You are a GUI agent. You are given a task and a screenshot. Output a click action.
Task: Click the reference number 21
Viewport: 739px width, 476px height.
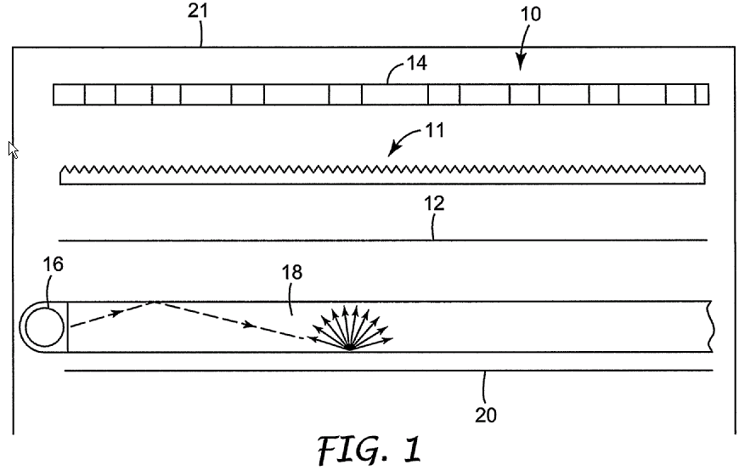pyautogui.click(x=200, y=11)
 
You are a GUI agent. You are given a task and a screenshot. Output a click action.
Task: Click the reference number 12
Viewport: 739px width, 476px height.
pyautogui.click(x=433, y=204)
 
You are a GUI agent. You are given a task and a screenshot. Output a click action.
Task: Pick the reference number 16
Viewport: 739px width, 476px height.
pyautogui.click(x=53, y=265)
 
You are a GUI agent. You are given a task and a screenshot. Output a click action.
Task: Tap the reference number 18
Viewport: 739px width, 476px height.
pyautogui.click(x=291, y=272)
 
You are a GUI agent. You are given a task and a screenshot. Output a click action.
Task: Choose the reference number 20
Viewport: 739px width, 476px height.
pyautogui.click(x=485, y=415)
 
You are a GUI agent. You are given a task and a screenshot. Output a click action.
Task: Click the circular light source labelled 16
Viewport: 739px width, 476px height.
pyautogui.click(x=43, y=326)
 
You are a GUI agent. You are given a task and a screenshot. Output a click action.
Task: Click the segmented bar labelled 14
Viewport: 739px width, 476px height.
pyautogui.click(x=380, y=93)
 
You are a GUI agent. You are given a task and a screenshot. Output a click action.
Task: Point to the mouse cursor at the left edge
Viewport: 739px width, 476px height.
pyautogui.click(x=13, y=150)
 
